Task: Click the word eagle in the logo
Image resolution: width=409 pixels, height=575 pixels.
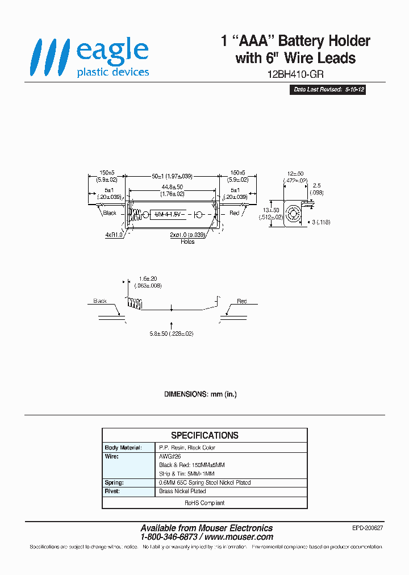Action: coord(112,51)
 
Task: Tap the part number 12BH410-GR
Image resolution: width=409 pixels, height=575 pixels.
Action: coord(295,74)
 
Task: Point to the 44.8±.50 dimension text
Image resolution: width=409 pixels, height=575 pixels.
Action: coord(172,187)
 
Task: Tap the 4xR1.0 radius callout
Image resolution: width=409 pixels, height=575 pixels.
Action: coord(114,234)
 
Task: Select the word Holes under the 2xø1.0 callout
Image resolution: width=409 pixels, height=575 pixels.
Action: coord(187,241)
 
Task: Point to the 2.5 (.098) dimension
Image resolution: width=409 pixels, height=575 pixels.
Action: coord(317,189)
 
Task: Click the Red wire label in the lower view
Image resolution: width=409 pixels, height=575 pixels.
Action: coord(242,301)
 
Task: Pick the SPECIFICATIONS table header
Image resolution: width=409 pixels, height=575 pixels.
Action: coord(204,435)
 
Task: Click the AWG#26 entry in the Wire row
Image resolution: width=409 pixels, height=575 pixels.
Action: coord(169,456)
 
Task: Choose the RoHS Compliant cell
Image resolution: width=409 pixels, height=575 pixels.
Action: coord(204,503)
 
